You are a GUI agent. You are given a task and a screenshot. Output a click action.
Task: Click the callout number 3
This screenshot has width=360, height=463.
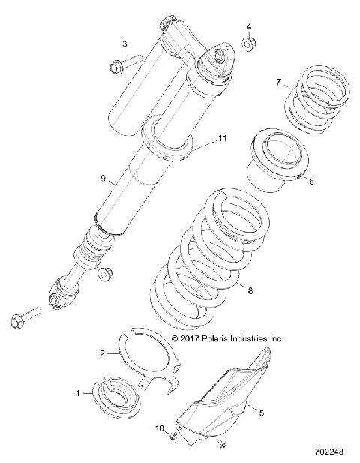(x=124, y=45)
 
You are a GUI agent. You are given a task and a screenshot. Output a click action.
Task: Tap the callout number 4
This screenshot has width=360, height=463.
(x=248, y=27)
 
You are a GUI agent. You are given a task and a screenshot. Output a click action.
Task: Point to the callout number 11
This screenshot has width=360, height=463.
(x=221, y=139)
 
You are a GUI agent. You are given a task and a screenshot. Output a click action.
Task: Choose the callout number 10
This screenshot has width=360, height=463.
(x=158, y=428)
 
